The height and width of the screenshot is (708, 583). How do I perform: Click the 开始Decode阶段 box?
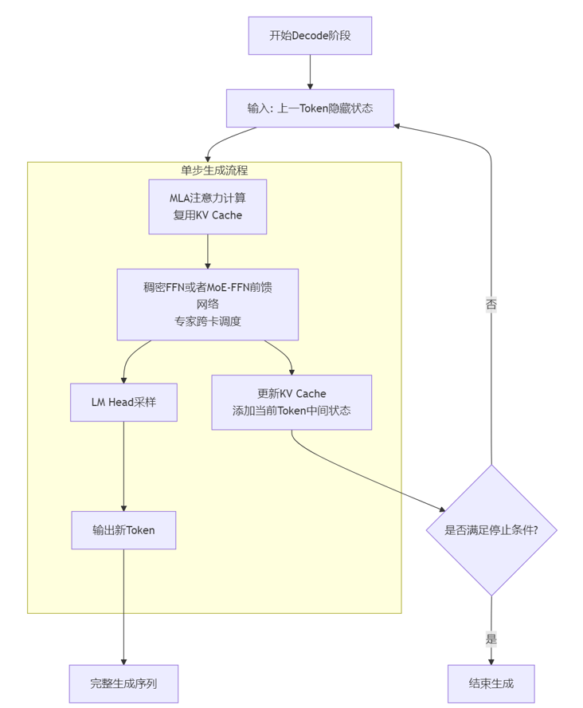(310, 36)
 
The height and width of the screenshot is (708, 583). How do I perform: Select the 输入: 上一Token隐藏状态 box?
(310, 108)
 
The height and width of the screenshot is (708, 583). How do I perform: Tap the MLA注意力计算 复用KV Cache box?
(207, 206)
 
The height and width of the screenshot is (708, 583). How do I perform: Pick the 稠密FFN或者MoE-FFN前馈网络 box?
(207, 304)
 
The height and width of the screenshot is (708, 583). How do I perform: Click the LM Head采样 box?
(123, 403)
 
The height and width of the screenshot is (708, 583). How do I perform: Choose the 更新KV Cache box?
(291, 403)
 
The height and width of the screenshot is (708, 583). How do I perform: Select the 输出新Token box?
(123, 530)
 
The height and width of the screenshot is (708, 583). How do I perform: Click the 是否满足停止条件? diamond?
(491, 530)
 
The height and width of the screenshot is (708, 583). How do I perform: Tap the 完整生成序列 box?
(123, 683)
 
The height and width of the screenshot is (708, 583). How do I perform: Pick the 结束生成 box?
(491, 683)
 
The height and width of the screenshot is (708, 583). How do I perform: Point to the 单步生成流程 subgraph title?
(214, 170)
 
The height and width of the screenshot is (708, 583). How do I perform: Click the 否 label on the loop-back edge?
(491, 304)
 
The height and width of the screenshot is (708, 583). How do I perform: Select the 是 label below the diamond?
(491, 639)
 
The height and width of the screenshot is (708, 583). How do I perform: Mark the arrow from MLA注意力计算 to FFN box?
(207, 251)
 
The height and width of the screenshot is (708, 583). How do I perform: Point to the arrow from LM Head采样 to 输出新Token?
(123, 466)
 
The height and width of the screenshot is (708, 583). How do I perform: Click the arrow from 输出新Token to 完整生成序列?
(123, 606)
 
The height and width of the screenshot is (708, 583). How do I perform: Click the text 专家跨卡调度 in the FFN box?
(207, 321)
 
